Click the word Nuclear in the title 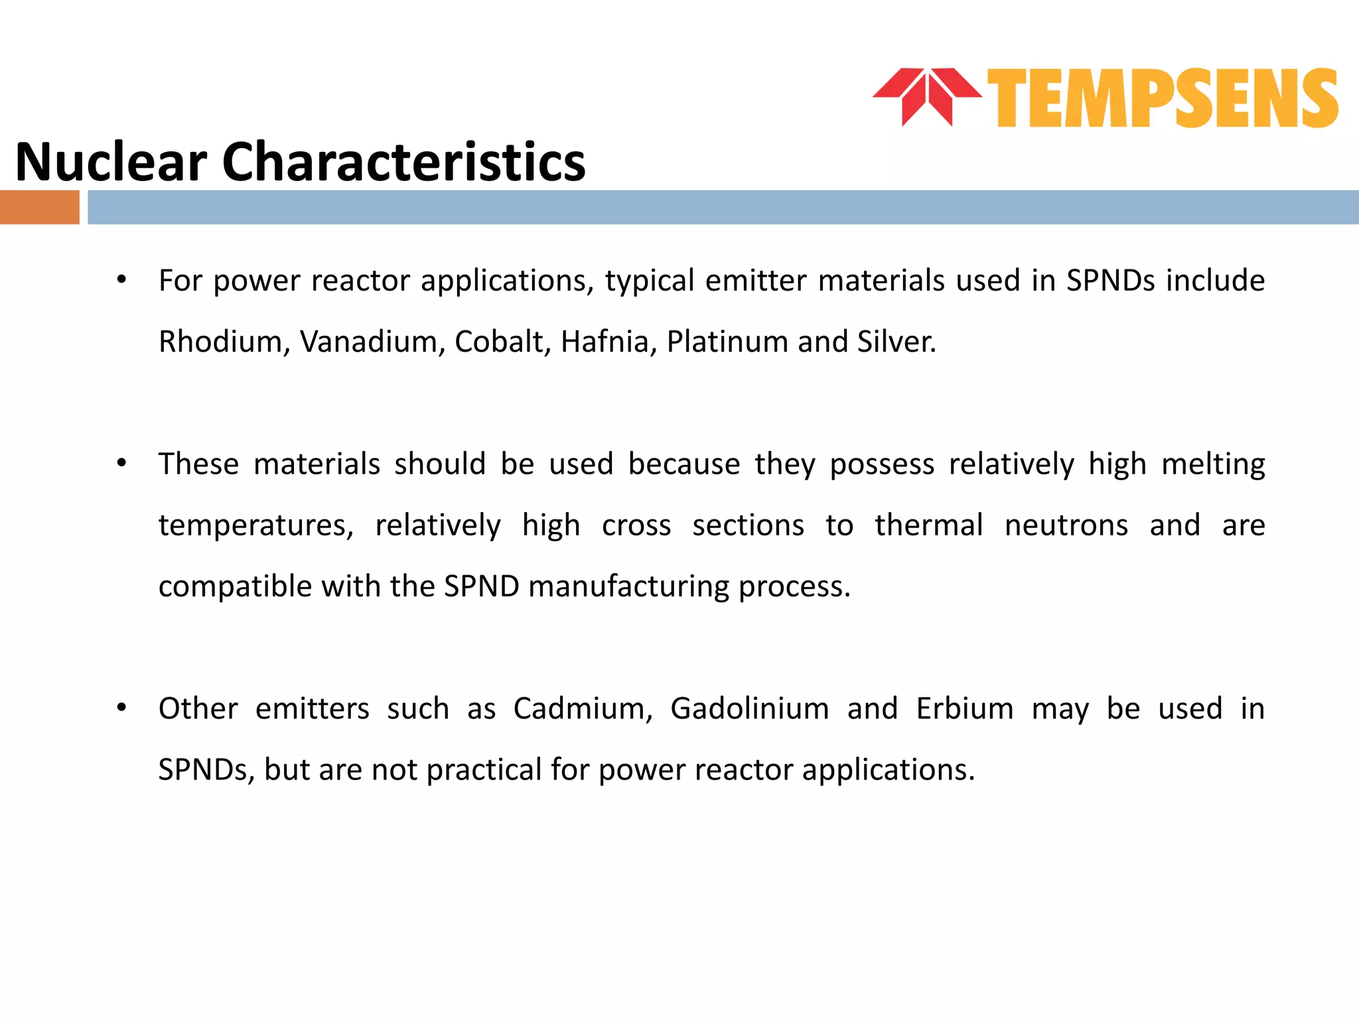click(111, 162)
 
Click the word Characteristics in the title click(403, 162)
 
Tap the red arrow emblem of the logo click(927, 97)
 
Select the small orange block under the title click(39, 208)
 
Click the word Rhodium click(220, 342)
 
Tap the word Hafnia click(608, 342)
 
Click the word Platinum click(727, 342)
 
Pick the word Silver click(896, 342)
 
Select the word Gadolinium click(749, 709)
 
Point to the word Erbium click(965, 709)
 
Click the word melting click(1213, 464)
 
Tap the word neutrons click(1066, 525)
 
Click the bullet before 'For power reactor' click(121, 280)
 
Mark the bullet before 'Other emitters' click(121, 709)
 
